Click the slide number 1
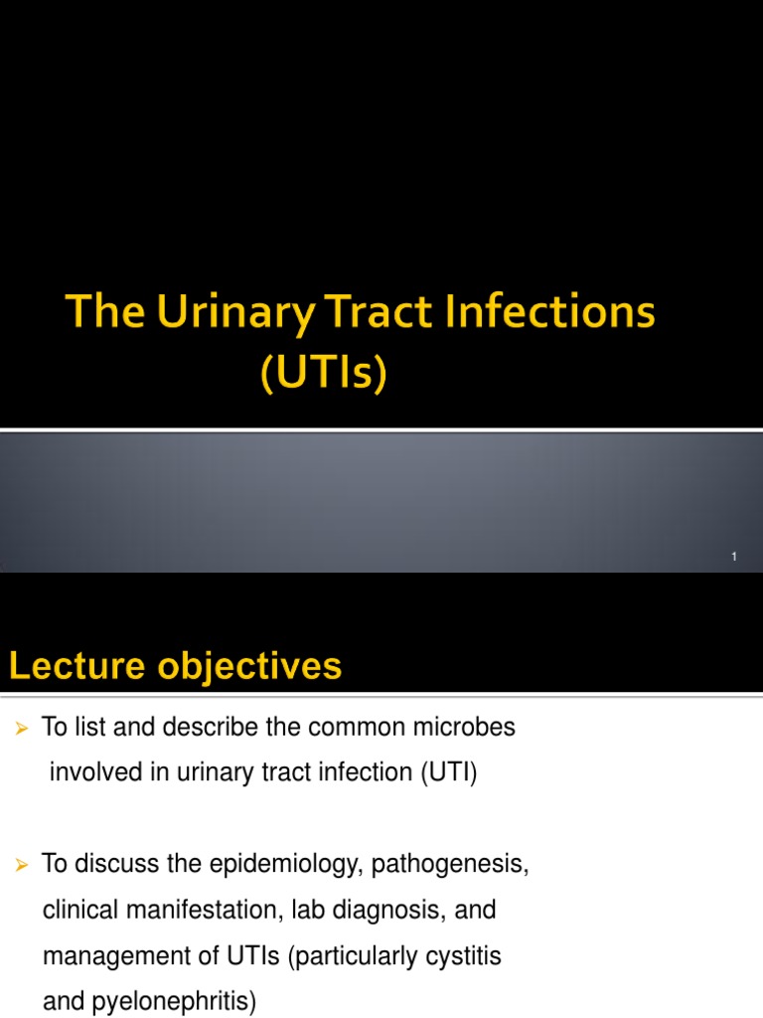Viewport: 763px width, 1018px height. [734, 557]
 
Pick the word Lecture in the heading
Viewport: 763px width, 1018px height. [76, 666]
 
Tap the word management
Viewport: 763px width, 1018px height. [106, 956]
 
